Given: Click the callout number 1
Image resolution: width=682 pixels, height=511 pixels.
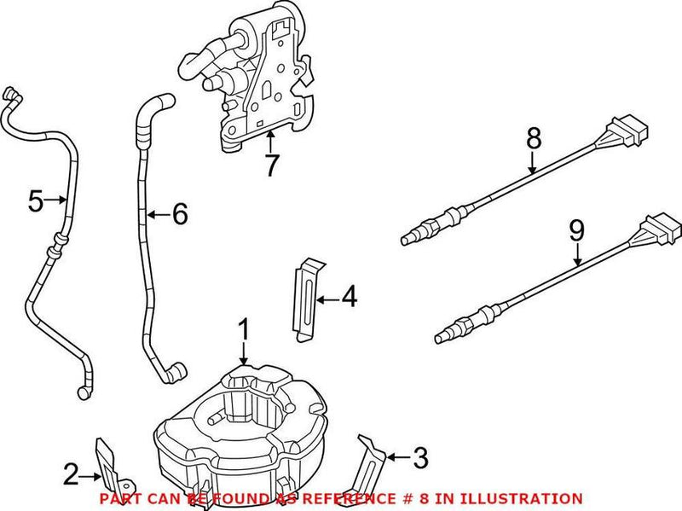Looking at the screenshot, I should point(244,328).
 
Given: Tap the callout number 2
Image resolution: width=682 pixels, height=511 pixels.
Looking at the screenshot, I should point(71,472).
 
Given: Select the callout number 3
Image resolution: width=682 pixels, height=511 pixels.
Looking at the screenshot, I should point(419,459).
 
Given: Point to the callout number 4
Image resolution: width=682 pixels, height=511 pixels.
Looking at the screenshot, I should point(349,299).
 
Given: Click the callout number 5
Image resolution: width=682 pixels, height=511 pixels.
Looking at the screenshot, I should point(35,201).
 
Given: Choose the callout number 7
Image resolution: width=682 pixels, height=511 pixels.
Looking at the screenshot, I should point(271,165).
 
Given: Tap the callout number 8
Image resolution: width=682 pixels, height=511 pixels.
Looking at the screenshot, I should point(534,136).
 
